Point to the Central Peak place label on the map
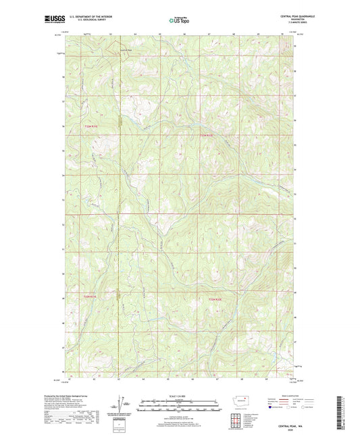pyautogui.click(x=126, y=49)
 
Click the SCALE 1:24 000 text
pyautogui.click(x=179, y=396)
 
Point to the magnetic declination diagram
pyautogui.click(x=126, y=407)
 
